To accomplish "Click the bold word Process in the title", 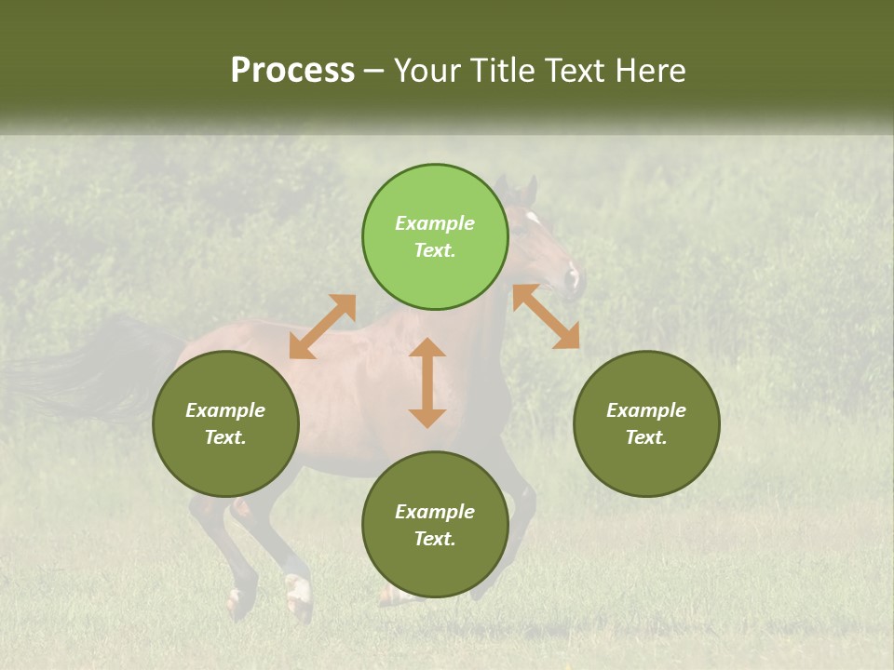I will click(292, 71).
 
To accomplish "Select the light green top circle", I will click(435, 237).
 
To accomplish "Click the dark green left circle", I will click(225, 423).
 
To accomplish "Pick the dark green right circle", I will click(646, 423).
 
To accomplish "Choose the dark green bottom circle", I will click(435, 524).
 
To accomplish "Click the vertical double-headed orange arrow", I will click(427, 382).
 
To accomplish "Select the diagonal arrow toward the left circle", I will click(322, 327).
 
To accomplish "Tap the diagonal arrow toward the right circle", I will click(546, 316).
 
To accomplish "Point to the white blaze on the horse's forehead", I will click(533, 218).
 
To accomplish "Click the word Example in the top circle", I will click(435, 223).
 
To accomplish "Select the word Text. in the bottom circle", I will click(435, 539).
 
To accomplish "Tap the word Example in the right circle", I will click(646, 410).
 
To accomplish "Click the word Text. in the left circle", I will click(225, 437).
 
